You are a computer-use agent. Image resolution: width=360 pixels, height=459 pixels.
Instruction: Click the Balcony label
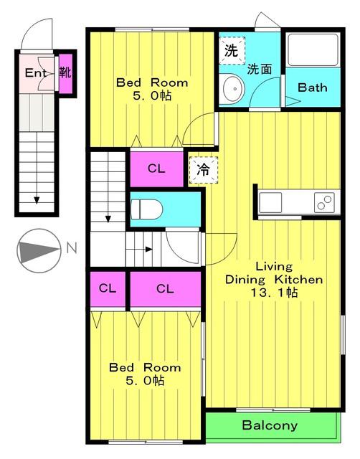[x=270, y=425]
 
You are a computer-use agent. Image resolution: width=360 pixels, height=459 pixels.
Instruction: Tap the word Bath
[x=312, y=87]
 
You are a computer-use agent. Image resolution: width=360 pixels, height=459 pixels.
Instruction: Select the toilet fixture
[x=146, y=209]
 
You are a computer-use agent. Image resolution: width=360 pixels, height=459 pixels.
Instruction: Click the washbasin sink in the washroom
[x=234, y=88]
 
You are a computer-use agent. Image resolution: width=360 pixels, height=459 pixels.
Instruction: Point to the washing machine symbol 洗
[x=232, y=51]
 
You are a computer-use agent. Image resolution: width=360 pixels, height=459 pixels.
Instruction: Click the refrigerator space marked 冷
[x=204, y=170]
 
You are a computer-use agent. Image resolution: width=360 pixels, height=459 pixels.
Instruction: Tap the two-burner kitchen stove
[x=324, y=202]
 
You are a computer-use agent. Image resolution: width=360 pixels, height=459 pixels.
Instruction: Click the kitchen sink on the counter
[x=270, y=202]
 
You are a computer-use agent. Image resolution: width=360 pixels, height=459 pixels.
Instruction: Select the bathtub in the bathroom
[x=313, y=50]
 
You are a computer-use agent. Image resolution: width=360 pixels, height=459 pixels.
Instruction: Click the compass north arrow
[x=39, y=250]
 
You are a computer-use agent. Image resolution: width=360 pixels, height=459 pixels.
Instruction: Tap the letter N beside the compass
[x=72, y=248]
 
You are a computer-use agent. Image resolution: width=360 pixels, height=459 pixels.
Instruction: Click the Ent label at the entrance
[x=35, y=72]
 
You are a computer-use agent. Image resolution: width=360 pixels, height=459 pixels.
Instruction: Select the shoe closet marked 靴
[x=65, y=73]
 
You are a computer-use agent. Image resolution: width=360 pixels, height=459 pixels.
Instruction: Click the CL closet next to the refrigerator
[x=156, y=169]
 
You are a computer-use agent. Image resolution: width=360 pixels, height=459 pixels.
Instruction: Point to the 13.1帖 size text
[x=274, y=293]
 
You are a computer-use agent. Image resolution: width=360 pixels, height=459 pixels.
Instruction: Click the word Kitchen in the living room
[x=298, y=280]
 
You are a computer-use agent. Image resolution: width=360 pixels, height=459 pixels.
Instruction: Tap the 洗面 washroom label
[x=260, y=70]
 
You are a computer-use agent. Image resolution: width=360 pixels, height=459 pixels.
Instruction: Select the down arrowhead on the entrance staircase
[x=37, y=200]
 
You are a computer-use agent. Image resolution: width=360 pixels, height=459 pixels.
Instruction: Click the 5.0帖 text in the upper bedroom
[x=152, y=95]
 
